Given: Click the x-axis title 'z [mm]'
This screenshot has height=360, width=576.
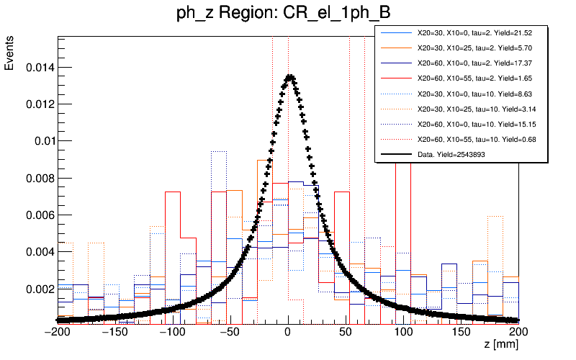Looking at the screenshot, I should tap(500, 346).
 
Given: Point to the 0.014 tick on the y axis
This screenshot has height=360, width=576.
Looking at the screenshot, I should tap(37, 68).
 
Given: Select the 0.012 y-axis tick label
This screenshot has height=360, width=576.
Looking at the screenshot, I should tap(37, 104).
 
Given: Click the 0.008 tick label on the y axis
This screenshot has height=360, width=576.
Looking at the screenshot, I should tap(37, 178).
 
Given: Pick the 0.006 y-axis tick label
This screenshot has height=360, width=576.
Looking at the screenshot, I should tap(37, 215).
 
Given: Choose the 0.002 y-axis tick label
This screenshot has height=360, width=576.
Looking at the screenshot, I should tap(37, 289).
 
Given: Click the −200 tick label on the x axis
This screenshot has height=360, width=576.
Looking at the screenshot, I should tap(58, 332).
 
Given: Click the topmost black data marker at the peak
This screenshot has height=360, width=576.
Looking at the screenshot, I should tap(289, 76).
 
